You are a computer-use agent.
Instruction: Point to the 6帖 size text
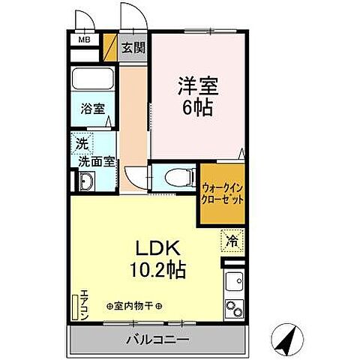point(196,107)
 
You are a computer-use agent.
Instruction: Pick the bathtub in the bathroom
point(91,80)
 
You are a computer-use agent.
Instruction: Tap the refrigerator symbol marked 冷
point(233,241)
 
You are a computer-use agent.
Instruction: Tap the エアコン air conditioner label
point(85,304)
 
